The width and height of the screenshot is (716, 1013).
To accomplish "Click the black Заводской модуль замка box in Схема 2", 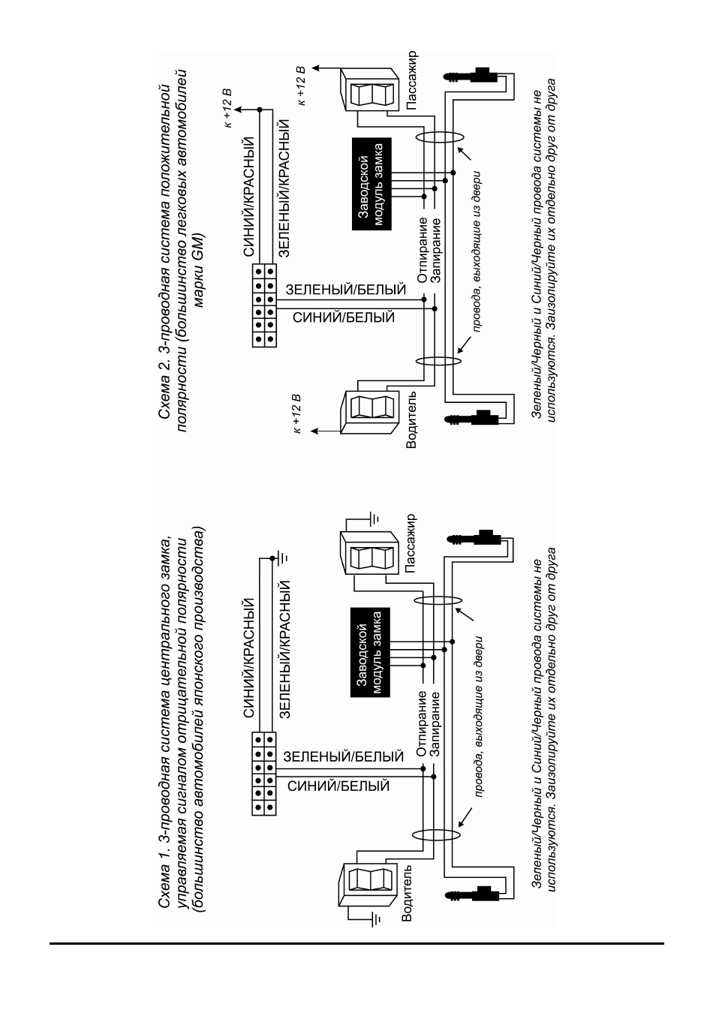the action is coord(372,184).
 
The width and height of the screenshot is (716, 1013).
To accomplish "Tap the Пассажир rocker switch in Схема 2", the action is coord(369,89).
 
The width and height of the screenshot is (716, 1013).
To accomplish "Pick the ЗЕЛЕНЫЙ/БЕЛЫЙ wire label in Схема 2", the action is coord(346,290).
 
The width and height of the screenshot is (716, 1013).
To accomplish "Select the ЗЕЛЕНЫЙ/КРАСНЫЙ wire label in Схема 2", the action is coord(284,188).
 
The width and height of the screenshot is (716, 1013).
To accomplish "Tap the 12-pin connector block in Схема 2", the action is coord(264,306).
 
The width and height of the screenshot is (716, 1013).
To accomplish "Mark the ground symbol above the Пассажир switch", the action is coord(375,518).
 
